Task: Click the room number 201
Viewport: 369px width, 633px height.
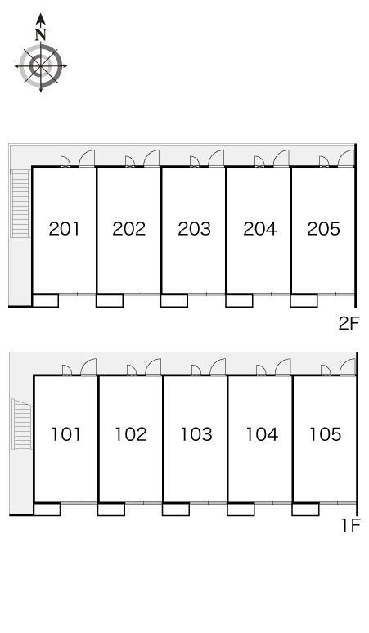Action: pos(64,229)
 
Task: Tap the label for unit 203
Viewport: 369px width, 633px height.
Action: pos(194,229)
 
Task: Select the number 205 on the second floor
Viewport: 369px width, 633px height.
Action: pos(323,229)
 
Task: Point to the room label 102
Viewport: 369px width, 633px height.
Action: pos(131,434)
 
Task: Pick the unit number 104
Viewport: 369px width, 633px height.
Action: pos(262,434)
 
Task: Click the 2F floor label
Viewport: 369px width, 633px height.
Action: pos(349,323)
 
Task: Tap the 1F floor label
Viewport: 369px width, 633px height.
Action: pos(350,525)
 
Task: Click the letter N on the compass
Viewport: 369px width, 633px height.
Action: pos(40,34)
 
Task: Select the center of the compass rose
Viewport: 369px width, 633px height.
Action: pos(40,65)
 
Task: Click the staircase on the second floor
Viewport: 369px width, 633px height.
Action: pos(20,203)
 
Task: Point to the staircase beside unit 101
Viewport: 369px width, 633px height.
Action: pos(22,424)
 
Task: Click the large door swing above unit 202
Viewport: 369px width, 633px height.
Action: pos(151,159)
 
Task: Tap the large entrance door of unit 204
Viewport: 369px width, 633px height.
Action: pos(281,159)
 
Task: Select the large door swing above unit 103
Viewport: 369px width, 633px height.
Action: pos(218,367)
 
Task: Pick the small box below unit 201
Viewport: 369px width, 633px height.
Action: pos(45,300)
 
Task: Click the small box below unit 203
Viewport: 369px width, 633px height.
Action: pos(174,300)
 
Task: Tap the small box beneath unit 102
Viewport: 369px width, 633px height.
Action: pos(111,509)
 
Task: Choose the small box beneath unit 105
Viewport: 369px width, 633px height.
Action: pos(305,509)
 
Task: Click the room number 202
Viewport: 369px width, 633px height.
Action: pos(128,229)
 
